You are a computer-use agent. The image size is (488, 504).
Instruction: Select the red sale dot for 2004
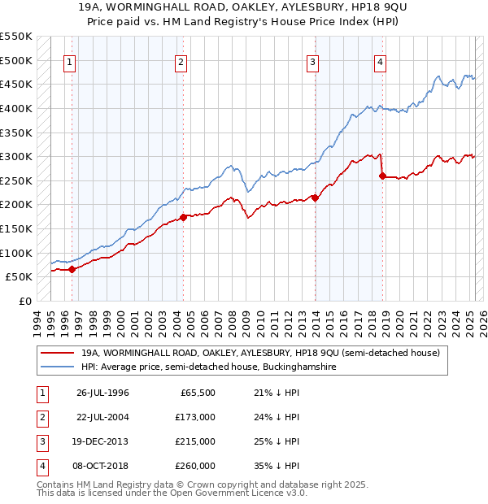[183, 217]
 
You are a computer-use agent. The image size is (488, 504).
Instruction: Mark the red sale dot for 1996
[72, 269]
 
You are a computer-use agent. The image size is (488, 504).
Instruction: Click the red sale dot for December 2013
[315, 198]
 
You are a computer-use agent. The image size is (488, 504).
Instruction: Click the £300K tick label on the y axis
[16, 156]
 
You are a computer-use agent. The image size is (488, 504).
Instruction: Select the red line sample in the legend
[56, 354]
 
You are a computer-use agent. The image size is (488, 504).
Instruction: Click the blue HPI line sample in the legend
[56, 367]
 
